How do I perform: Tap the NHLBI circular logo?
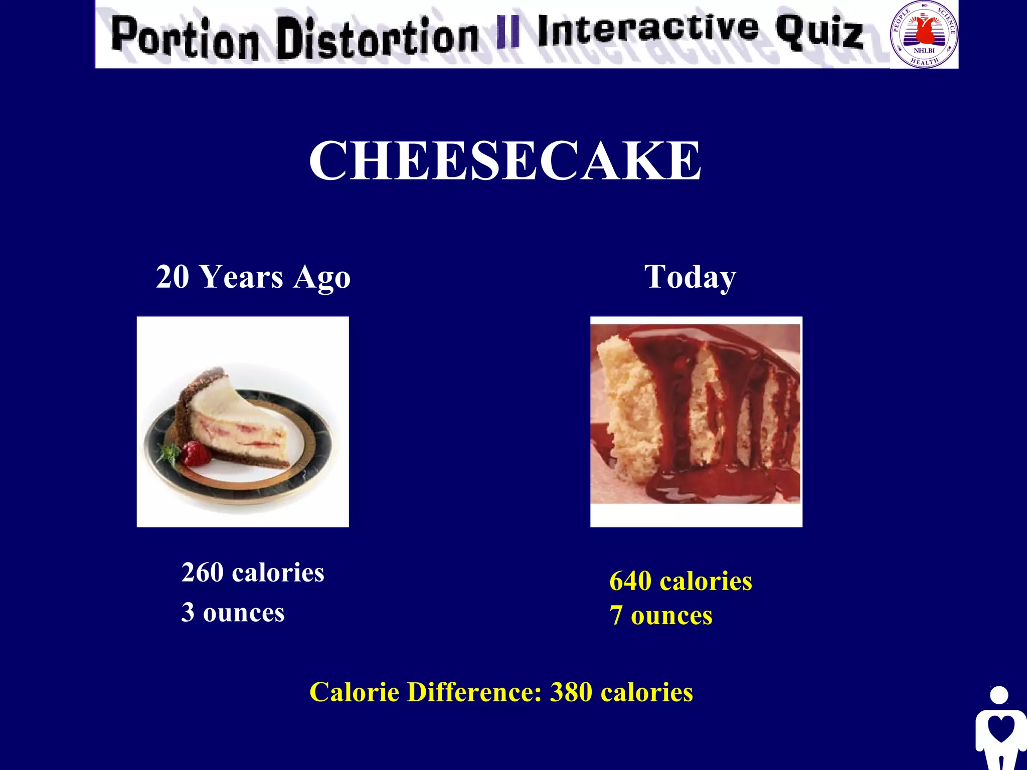click(x=924, y=34)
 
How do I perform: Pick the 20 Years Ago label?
click(x=253, y=277)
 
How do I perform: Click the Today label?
click(x=690, y=277)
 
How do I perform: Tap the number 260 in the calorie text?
click(x=203, y=572)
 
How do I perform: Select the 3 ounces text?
click(x=233, y=612)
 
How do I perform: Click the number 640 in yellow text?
click(x=630, y=582)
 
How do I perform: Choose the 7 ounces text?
click(x=661, y=616)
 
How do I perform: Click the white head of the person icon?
click(x=999, y=695)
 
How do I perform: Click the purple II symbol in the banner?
click(x=507, y=32)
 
